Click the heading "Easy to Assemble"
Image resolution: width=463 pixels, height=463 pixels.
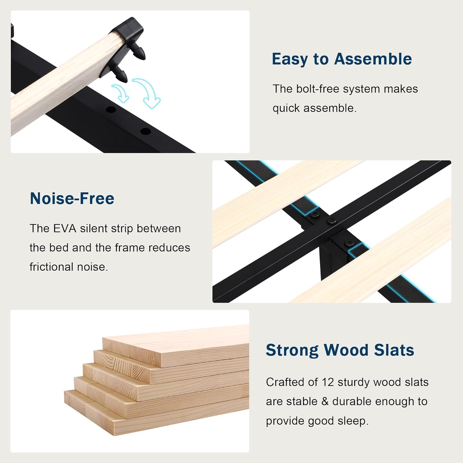coord(342,59)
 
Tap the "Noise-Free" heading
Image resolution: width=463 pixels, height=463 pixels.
coord(72,198)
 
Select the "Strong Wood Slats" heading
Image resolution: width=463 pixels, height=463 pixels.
coord(340,350)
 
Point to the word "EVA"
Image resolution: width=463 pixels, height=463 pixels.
coord(65,228)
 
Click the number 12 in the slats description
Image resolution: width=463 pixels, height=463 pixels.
coord(328,382)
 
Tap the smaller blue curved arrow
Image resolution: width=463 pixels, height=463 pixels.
coord(122,93)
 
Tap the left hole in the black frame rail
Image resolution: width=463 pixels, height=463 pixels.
coord(111,110)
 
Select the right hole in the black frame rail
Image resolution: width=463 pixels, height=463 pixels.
coord(145,131)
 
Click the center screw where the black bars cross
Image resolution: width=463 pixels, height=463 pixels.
coord(332,220)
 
